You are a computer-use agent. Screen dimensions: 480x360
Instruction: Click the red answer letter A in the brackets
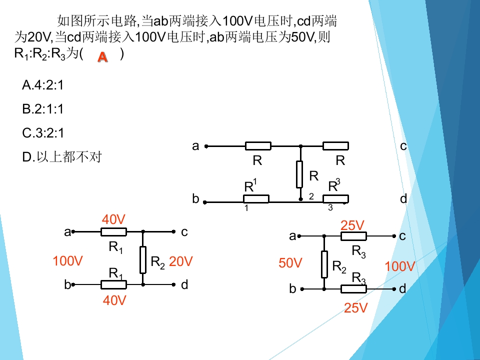[102, 57]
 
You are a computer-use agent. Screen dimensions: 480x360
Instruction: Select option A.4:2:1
[43, 85]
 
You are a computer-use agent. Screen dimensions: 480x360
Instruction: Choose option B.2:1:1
[43, 109]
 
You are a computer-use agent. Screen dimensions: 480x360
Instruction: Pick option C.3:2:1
[43, 133]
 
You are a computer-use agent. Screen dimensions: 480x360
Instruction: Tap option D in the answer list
[62, 156]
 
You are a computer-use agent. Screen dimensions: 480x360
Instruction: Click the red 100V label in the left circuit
[67, 261]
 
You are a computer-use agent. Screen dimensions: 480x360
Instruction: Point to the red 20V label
[180, 261]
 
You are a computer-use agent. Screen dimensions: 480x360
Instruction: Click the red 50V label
[290, 263]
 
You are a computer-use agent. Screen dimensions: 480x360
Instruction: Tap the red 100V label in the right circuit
[400, 266]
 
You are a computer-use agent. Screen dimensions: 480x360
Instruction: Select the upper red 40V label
[113, 219]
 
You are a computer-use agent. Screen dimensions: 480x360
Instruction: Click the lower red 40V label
[114, 300]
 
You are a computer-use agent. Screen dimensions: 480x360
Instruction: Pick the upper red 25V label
[352, 225]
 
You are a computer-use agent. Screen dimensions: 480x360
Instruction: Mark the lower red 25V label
[355, 308]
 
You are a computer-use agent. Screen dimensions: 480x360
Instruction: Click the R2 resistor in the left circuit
[143, 259]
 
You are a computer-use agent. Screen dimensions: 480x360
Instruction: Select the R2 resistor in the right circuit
[324, 264]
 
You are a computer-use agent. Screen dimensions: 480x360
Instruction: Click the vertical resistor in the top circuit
[299, 174]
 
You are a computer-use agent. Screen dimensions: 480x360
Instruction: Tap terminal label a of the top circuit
[195, 146]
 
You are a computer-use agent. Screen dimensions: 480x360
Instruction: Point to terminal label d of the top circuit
[403, 199]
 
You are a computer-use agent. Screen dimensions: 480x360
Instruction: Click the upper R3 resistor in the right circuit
[353, 236]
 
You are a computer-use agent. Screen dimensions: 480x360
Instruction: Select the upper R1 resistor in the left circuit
[113, 232]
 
